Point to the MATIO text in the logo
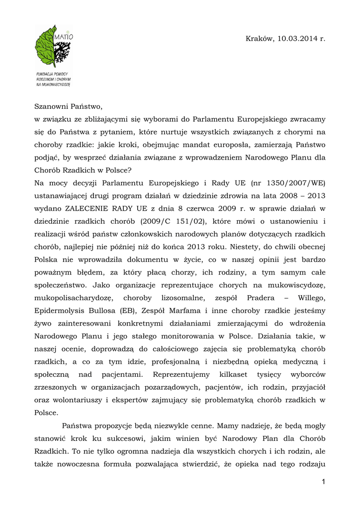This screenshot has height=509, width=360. [x=65, y=37]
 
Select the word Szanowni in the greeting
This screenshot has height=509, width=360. [x=52, y=106]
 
